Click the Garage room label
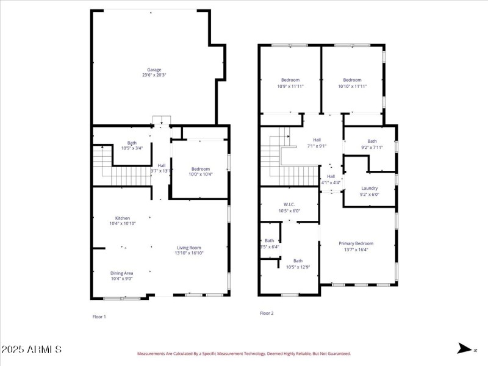(x=154, y=70)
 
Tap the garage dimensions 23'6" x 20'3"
(x=154, y=75)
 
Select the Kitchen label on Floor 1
(x=123, y=218)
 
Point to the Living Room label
(x=189, y=248)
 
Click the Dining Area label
(x=122, y=273)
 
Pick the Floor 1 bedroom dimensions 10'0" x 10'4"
(x=200, y=175)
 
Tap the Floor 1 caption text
(x=99, y=317)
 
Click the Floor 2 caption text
(x=267, y=313)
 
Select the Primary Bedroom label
(x=356, y=243)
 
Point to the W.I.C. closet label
(x=290, y=204)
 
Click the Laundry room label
(x=370, y=188)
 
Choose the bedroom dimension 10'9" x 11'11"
(x=290, y=86)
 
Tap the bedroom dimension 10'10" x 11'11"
(x=352, y=86)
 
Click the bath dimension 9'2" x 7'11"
(x=372, y=147)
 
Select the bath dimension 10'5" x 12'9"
(x=298, y=267)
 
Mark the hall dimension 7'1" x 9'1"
(x=317, y=146)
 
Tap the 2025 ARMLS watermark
(x=31, y=350)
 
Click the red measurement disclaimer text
(x=243, y=353)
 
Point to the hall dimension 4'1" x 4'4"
(x=331, y=182)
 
